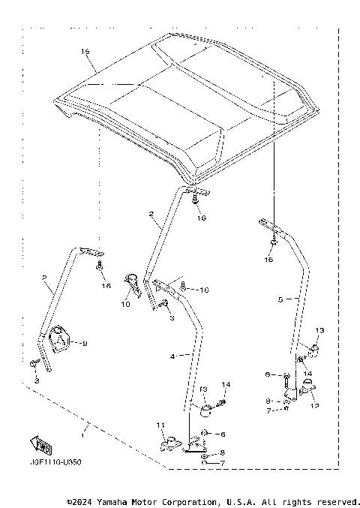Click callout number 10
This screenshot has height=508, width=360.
pyautogui.click(x=124, y=305)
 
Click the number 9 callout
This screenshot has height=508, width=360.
pyautogui.click(x=84, y=344)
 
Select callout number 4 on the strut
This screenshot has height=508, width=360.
pyautogui.click(x=172, y=357)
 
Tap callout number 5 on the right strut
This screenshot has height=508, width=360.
pyautogui.click(x=279, y=299)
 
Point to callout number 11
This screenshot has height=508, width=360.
pyautogui.click(x=159, y=426)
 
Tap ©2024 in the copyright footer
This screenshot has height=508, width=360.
pyautogui.click(x=78, y=501)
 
